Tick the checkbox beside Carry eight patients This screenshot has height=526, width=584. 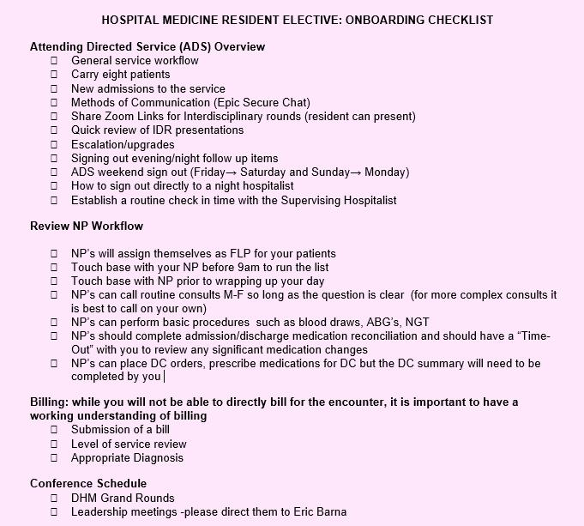(54, 75)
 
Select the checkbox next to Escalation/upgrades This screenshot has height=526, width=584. (54, 144)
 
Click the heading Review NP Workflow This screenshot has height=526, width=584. (87, 227)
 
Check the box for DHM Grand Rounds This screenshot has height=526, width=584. (54, 498)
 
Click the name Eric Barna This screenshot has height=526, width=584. (318, 512)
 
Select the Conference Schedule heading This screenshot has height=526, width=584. (88, 483)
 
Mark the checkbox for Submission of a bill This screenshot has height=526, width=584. (54, 429)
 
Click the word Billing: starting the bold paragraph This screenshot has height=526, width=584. (51, 402)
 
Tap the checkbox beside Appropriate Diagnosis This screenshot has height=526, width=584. (54, 457)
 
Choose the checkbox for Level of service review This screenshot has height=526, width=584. (54, 443)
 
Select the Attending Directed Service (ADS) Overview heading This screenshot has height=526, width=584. (148, 46)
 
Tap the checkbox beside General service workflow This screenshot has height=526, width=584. (54, 61)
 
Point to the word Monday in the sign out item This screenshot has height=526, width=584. (385, 172)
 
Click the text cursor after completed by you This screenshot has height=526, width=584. (163, 377)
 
